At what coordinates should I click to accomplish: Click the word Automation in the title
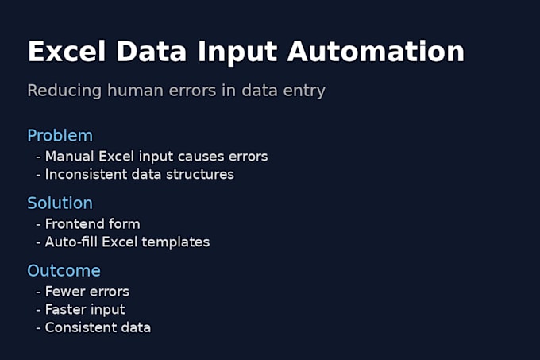[376, 52]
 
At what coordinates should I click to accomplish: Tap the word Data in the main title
[152, 52]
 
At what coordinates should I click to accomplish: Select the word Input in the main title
[237, 53]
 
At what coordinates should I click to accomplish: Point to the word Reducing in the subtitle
[64, 91]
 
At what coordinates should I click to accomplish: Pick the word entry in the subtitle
[304, 91]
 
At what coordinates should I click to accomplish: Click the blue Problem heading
[60, 135]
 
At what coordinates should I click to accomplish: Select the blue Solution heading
[60, 203]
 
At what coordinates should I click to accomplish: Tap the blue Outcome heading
[64, 270]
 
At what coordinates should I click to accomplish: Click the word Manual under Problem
[70, 156]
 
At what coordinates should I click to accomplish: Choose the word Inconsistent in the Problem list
[86, 174]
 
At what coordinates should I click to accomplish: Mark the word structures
[200, 174]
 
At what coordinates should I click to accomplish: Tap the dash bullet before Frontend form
[39, 225]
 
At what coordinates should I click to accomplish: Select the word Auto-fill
[71, 242]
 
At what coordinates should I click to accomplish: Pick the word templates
[175, 242]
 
